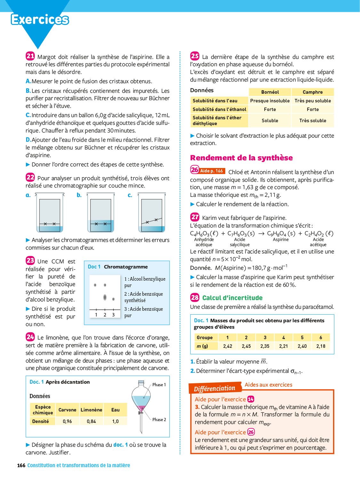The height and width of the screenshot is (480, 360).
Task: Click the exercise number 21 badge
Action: pos(30,56)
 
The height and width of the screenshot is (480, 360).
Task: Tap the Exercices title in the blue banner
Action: pos(40,20)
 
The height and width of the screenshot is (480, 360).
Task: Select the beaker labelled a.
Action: pos(50,212)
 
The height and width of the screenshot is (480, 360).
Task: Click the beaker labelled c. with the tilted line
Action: pos(152,212)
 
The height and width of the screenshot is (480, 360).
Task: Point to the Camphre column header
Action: pos(313,92)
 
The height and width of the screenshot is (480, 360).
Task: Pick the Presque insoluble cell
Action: pos(270,101)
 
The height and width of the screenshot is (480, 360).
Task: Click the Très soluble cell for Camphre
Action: pos(313,121)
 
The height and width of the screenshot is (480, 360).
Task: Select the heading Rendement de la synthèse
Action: pos(241,158)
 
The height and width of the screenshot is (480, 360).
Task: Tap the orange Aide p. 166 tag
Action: pos(212,171)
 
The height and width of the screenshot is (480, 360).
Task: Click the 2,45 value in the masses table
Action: pos(246,346)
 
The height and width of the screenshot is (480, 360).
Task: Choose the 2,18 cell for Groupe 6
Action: pos(321,346)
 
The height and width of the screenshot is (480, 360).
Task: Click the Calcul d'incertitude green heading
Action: pos(232,298)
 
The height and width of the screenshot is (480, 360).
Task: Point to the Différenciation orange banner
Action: pos(214,388)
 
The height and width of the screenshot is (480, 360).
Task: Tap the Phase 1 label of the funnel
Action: pos(159,385)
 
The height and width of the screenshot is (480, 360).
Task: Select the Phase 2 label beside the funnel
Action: pos(159,420)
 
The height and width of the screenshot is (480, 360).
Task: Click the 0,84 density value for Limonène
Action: pos(91,421)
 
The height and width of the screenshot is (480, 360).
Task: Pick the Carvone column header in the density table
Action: pos(67,410)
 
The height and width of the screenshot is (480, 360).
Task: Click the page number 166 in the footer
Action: pos(21,465)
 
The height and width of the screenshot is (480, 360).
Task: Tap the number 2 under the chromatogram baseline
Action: pos(105,315)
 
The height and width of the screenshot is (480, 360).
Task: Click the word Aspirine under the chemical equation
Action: pos(281,240)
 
